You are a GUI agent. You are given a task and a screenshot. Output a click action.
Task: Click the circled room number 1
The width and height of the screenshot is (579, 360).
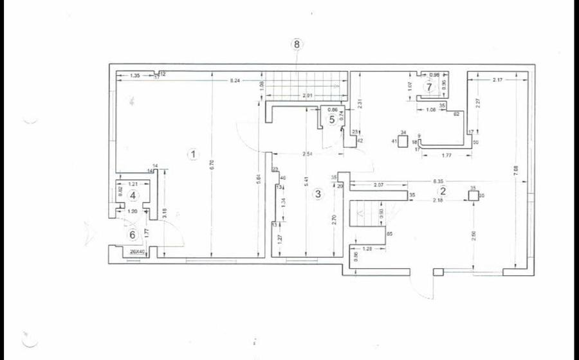[191, 154]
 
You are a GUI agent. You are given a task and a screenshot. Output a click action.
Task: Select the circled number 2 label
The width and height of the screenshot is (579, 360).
[443, 191]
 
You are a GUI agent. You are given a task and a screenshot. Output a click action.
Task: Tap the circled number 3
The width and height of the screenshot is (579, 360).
[317, 194]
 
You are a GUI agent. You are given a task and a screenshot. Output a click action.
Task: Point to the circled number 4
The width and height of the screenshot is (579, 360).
[133, 195]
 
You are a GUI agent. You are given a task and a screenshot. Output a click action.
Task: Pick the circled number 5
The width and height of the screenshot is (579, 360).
[332, 119]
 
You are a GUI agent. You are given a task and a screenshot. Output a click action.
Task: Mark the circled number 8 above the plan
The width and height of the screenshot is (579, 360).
[297, 44]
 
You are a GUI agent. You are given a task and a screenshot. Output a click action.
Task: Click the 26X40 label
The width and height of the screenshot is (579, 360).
[137, 252]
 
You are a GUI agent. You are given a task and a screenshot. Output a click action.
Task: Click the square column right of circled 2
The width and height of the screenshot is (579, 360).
[473, 196]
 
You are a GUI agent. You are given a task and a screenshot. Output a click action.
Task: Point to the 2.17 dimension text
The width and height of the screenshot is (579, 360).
[497, 80]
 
